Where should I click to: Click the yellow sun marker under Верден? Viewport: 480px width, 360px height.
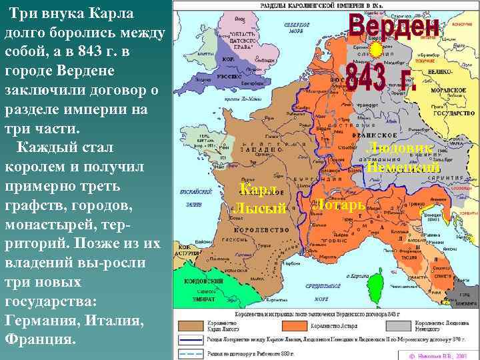click(x=376, y=51)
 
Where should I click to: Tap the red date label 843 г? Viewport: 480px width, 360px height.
click(x=381, y=79)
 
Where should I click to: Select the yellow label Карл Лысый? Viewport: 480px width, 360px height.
click(x=259, y=198)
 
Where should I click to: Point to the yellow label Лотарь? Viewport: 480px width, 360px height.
click(x=339, y=203)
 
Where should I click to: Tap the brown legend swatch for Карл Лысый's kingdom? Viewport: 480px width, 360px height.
click(x=197, y=326)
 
